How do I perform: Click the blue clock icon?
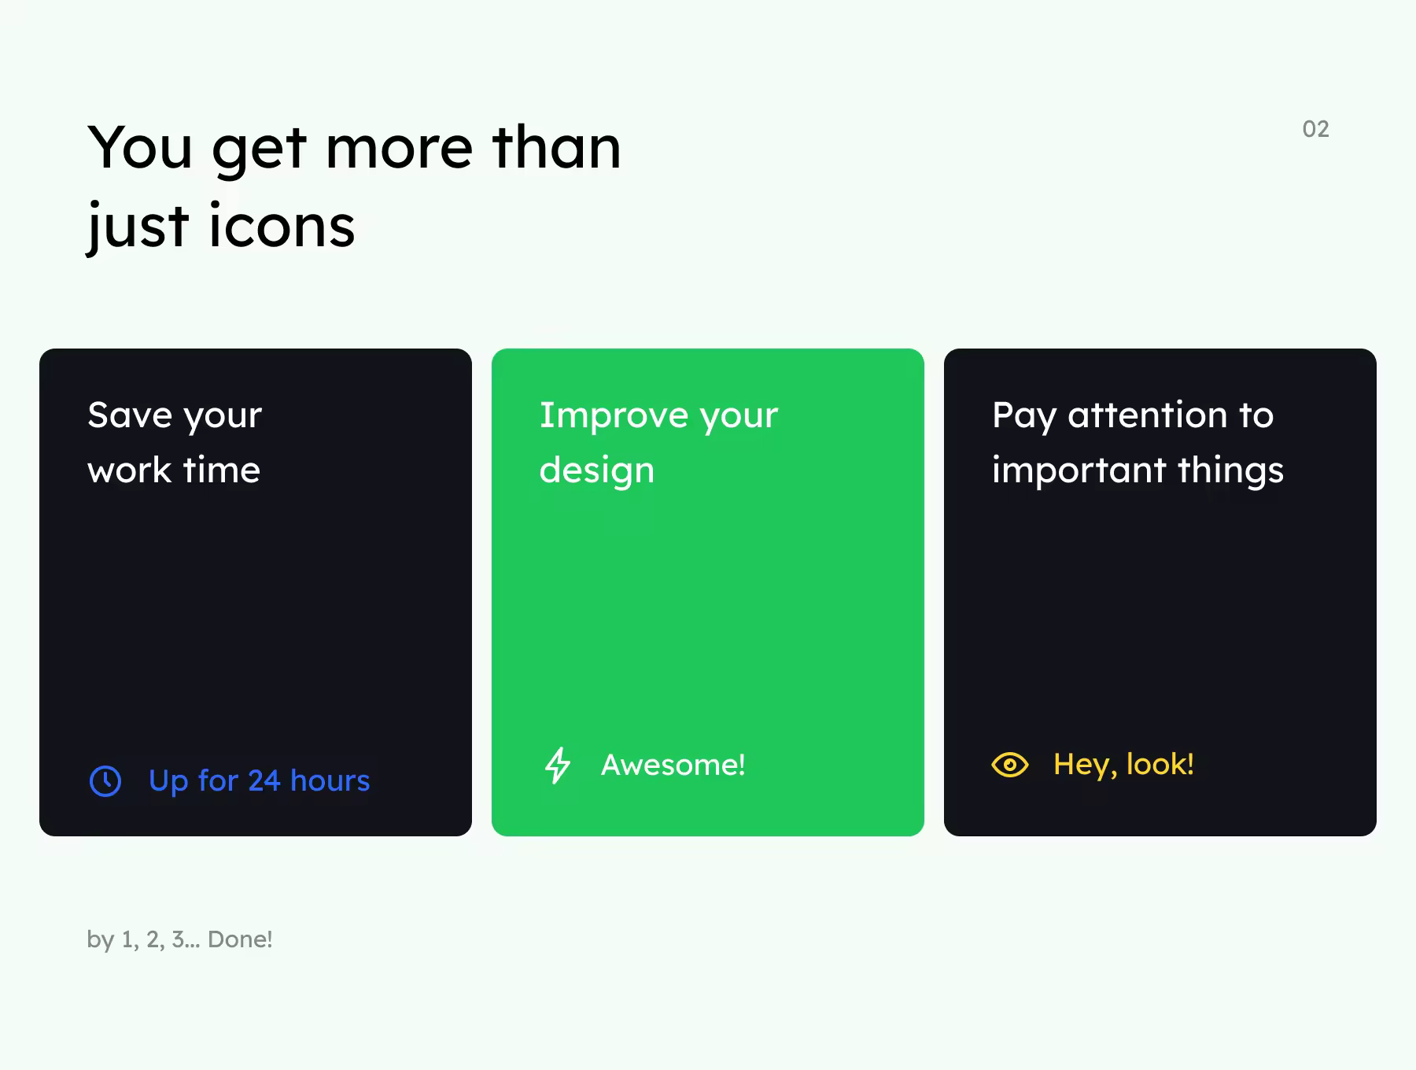coord(105,781)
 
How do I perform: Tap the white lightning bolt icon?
coord(558,765)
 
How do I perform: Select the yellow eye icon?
coord(1010,765)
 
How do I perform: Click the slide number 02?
coord(1315,129)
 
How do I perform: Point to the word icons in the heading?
coord(282,226)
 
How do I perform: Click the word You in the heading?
coord(140,147)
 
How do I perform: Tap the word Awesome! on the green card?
coord(673,765)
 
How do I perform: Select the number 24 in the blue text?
coord(264,780)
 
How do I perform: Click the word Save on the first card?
coord(130,415)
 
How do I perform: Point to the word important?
coord(1079,471)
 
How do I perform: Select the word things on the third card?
coord(1230,471)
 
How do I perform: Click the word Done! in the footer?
coord(240,939)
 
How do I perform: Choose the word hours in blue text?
coord(330,780)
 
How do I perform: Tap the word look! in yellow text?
coord(1160,764)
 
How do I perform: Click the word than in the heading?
coord(556,147)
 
